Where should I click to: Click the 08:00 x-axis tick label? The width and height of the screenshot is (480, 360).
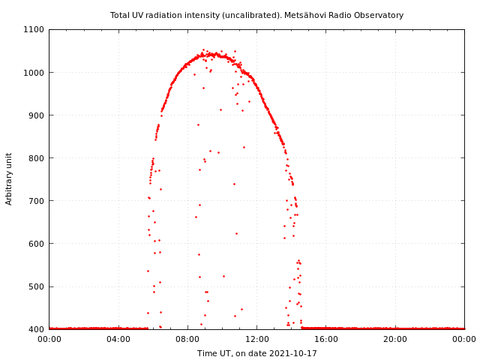(187, 339)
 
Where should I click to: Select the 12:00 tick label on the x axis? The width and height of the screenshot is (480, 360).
(257, 339)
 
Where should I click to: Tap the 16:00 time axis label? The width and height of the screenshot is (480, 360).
(326, 339)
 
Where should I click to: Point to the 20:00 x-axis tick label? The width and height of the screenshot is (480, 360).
(395, 339)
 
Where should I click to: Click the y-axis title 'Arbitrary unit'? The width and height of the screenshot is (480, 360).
(10, 179)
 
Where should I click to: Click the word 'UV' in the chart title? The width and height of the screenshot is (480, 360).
(139, 15)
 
